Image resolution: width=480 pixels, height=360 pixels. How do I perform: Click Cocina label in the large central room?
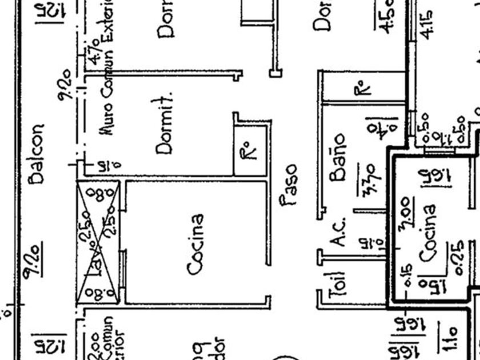(196, 244)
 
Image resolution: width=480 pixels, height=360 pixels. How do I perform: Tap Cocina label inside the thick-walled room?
(430, 234)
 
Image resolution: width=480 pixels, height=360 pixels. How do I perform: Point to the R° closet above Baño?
(361, 88)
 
